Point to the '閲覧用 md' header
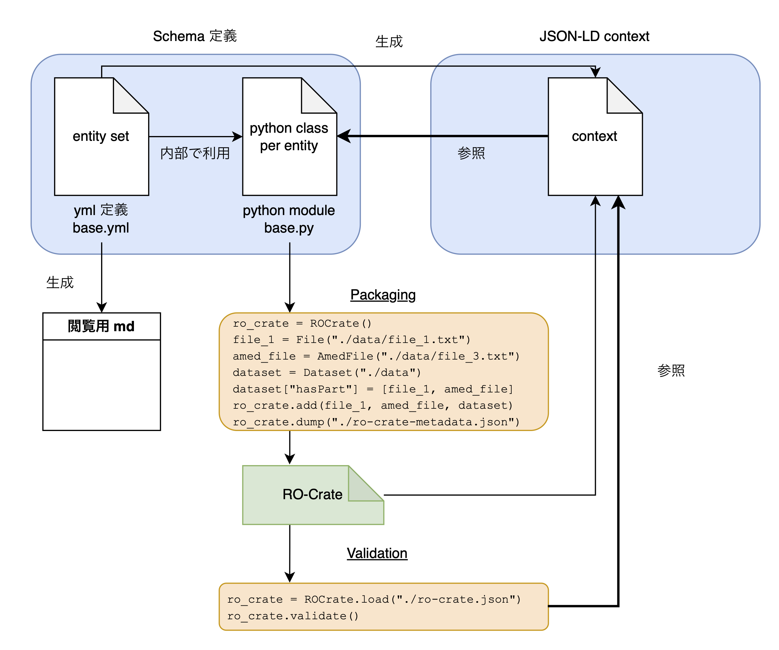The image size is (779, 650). pyautogui.click(x=101, y=326)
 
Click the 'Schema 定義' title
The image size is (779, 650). pyautogui.click(x=195, y=36)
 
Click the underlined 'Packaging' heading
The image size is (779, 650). pyautogui.click(x=383, y=295)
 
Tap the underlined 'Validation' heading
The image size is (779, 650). pyautogui.click(x=377, y=553)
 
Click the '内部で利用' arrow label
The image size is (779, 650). pyautogui.click(x=195, y=153)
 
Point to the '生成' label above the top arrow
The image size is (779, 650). pyautogui.click(x=389, y=42)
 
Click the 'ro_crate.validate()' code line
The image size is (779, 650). pyautogui.click(x=293, y=616)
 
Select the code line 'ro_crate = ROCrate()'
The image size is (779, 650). pyautogui.click(x=302, y=323)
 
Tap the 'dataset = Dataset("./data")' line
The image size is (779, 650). pyautogui.click(x=326, y=372)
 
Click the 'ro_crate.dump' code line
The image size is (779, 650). pyautogui.click(x=376, y=422)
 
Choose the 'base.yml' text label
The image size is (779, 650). pyautogui.click(x=101, y=228)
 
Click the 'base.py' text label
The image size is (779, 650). pyautogui.click(x=289, y=228)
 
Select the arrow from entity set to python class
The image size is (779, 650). pyautogui.click(x=196, y=136)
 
